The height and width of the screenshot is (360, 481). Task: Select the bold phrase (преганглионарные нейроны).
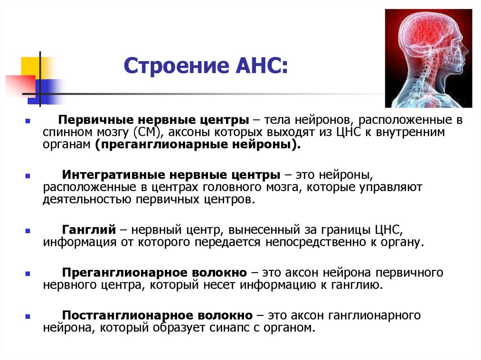tap(197, 146)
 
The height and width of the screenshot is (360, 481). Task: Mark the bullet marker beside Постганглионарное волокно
tap(28, 316)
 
